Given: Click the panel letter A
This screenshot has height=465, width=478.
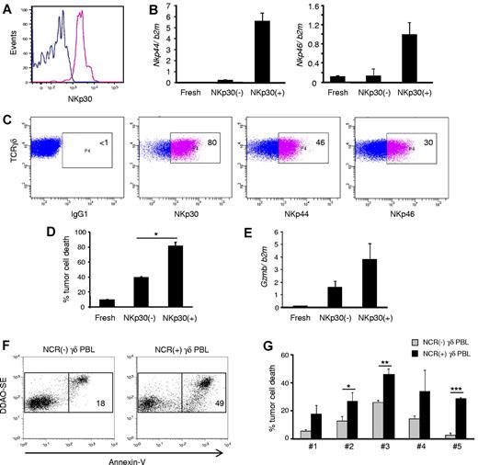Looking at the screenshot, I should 7,7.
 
